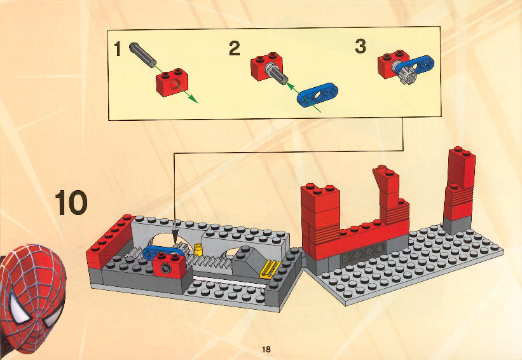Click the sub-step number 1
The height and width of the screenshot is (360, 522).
coord(117,48)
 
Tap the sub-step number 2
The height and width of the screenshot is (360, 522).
coord(235,48)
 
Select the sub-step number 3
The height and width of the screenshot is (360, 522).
coord(361,46)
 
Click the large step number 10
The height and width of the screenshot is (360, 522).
coord(71,202)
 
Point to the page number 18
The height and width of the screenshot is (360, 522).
coord(266,349)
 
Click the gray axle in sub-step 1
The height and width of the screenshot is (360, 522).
coord(143,53)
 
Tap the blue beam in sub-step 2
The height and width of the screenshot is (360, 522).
coord(317,95)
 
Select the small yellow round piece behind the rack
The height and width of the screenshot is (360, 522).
coord(198,250)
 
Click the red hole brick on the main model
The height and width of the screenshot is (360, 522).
coord(170,265)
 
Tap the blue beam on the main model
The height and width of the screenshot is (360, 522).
coord(163,253)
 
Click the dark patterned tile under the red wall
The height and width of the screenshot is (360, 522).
coord(364,253)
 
